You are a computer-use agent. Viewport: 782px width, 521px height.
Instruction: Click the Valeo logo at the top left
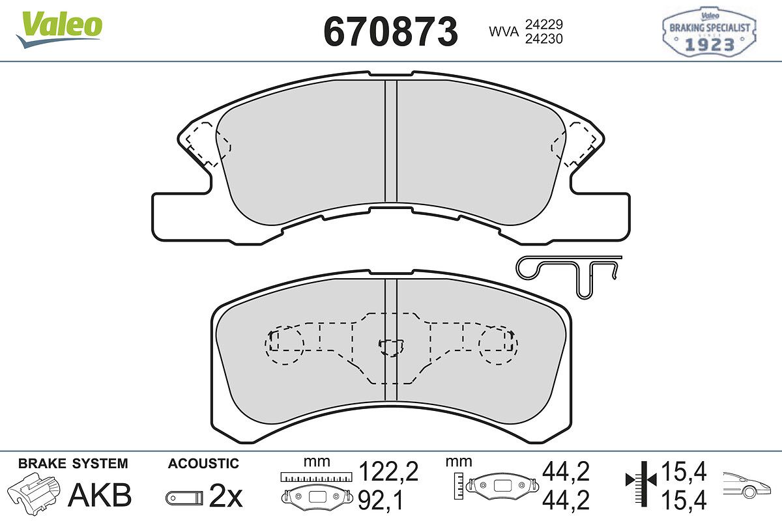(x=59, y=29)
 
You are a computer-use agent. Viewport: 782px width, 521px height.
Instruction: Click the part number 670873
(x=390, y=32)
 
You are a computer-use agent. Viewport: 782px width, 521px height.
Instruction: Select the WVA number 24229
(x=544, y=25)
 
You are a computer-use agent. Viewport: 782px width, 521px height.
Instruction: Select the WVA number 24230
(x=544, y=38)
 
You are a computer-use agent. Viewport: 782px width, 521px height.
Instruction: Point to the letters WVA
(x=503, y=32)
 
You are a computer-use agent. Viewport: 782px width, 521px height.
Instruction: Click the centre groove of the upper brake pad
(x=391, y=141)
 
